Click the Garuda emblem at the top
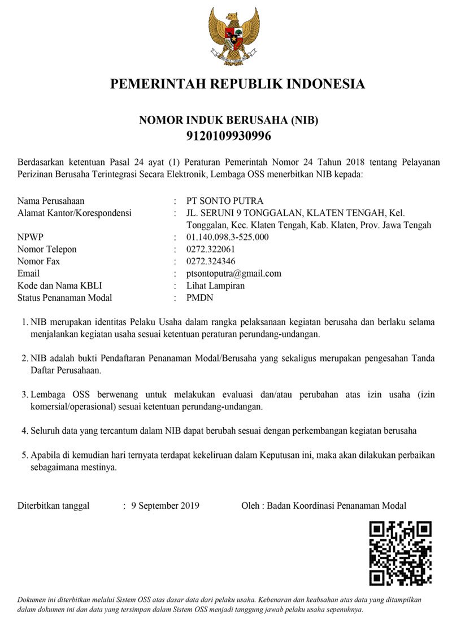[233, 36]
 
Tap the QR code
[400, 553]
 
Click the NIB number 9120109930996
[229, 136]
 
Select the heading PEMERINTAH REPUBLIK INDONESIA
[237, 85]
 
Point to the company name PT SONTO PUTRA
[225, 200]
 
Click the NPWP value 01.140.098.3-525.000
[228, 237]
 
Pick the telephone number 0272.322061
[211, 249]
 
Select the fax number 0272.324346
[211, 261]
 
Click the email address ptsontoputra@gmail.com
[234, 273]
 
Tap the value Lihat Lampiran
[216, 286]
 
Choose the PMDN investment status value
[200, 298]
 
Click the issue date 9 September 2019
[165, 506]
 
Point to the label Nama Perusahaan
[55, 200]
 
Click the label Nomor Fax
[38, 261]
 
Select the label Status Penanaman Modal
[65, 298]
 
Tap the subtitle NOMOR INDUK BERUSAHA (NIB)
[229, 120]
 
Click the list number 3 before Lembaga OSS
[24, 394]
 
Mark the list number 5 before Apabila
[24, 455]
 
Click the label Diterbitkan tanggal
[54, 506]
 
